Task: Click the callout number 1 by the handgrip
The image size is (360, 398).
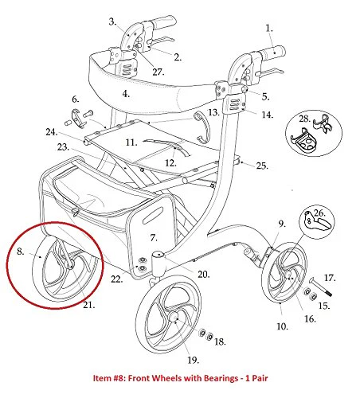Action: (269, 29)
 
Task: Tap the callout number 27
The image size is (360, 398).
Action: (158, 72)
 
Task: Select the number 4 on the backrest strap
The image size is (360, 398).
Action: (126, 94)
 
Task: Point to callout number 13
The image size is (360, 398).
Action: (213, 112)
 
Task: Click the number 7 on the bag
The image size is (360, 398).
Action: (154, 237)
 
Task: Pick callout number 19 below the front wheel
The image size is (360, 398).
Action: (193, 360)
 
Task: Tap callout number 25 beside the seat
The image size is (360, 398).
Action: (262, 166)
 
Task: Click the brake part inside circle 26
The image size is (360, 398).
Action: (317, 222)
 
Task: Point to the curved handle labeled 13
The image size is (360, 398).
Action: (202, 127)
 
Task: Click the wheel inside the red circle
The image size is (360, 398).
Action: (65, 268)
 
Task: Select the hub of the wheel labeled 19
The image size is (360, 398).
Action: (173, 317)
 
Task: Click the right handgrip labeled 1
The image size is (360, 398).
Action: (272, 52)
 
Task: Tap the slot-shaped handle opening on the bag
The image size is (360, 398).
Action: (152, 216)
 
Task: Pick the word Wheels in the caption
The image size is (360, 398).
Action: (168, 378)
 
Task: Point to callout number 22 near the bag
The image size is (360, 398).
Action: (117, 279)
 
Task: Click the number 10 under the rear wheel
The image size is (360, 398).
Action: (282, 326)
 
